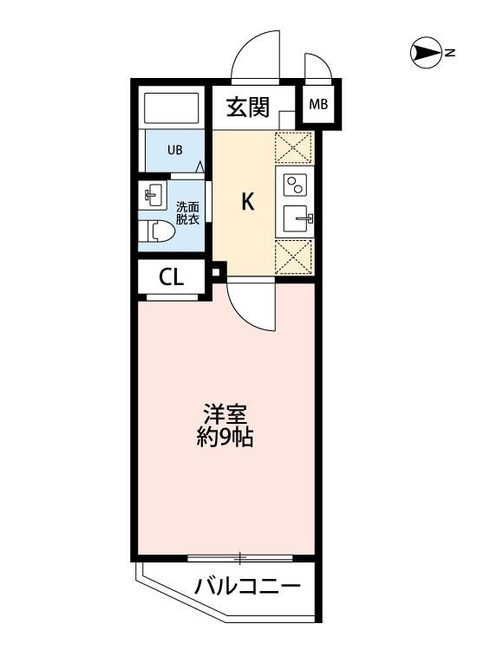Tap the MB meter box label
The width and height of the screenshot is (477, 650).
[x=318, y=105]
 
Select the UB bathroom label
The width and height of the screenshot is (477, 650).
[x=175, y=150]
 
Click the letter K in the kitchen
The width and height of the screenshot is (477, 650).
[x=247, y=203]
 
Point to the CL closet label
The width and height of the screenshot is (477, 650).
[x=171, y=277]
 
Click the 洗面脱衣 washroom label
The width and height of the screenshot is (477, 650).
[x=187, y=212]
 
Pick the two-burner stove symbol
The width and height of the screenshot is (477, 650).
[x=296, y=185]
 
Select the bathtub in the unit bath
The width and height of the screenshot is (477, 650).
[x=173, y=109]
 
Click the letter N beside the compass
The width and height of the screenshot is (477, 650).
[x=451, y=55]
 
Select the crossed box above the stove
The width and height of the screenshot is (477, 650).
[x=294, y=147]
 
